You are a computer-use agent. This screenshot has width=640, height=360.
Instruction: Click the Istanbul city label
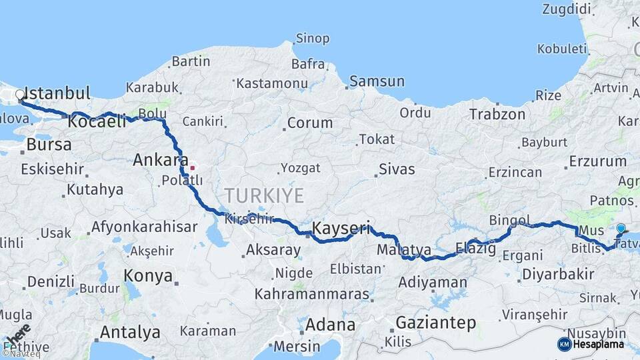[x=57, y=93]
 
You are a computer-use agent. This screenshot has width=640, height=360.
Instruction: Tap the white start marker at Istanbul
[x=20, y=95]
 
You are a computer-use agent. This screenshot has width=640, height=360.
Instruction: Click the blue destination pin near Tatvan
[x=621, y=229]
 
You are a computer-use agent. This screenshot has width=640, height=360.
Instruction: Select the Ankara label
[x=160, y=160]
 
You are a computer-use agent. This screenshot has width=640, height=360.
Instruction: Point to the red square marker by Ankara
[x=192, y=167]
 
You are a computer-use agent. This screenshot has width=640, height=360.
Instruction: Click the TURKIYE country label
[x=264, y=195]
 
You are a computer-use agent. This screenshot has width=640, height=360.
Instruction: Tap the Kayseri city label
[x=341, y=229]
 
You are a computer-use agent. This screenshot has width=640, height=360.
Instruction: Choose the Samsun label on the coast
[x=377, y=81]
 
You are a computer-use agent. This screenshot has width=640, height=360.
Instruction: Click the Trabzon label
[x=497, y=114]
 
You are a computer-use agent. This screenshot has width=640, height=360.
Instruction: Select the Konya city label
[x=148, y=275]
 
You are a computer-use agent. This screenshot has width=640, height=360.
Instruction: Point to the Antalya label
[x=130, y=331]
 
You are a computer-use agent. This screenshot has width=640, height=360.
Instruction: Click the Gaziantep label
[x=436, y=323]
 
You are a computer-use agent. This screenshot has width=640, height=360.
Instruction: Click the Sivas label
[x=397, y=169]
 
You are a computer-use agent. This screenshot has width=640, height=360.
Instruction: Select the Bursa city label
[x=49, y=145]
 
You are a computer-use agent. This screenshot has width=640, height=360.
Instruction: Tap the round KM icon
[x=565, y=344]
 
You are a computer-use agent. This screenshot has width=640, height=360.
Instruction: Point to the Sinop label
[x=312, y=38]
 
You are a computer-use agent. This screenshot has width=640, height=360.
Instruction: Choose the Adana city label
[x=330, y=325]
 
